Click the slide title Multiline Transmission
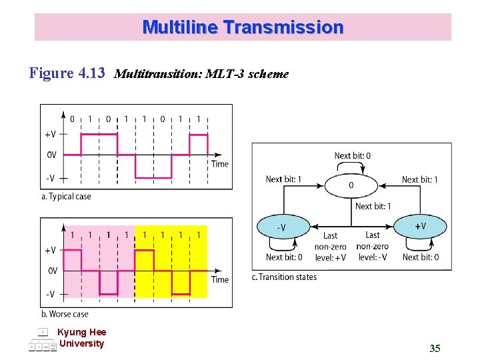click(x=243, y=27)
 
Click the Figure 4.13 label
click(x=67, y=73)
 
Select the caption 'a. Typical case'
click(x=66, y=197)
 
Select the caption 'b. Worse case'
click(x=65, y=314)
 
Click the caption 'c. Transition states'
click(x=284, y=277)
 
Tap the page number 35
click(x=435, y=348)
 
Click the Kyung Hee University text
click(x=81, y=338)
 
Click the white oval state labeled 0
click(x=351, y=185)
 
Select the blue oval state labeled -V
click(x=283, y=227)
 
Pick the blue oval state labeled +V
click(x=421, y=227)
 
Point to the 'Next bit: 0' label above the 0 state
click(x=353, y=156)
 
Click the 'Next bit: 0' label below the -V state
click(x=284, y=257)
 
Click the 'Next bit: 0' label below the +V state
click(x=421, y=257)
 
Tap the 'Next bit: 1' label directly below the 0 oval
click(x=373, y=207)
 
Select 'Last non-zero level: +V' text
click(x=330, y=246)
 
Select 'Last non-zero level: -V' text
click(x=373, y=246)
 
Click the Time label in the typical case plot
click(x=220, y=164)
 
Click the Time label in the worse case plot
click(x=220, y=279)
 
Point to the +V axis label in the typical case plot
click(x=50, y=134)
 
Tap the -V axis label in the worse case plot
click(x=50, y=294)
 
